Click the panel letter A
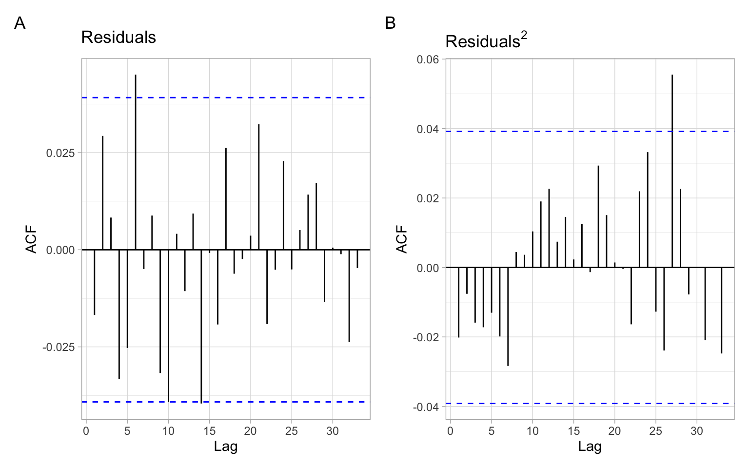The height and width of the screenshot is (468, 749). [x=20, y=23]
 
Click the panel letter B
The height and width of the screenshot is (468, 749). [x=390, y=23]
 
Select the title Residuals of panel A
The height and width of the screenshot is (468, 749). [x=118, y=37]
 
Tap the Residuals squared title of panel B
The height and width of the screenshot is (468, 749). [x=486, y=41]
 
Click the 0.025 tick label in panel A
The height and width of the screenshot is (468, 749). [x=60, y=153]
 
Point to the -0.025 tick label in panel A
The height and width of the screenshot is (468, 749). [x=59, y=347]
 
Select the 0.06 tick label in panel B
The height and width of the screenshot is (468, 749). [x=428, y=59]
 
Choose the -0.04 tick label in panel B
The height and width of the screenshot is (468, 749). [x=426, y=407]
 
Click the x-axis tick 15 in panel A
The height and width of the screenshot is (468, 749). [x=209, y=431]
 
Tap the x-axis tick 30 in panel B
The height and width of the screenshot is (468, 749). [x=697, y=431]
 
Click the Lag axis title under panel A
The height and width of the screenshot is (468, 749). [x=225, y=446]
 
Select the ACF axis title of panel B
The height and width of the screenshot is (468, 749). [x=401, y=239]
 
